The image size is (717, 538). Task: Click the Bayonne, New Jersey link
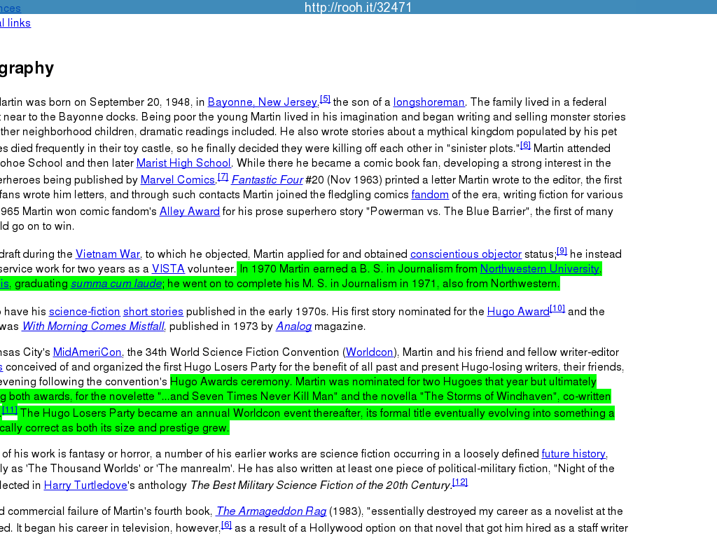[x=263, y=102]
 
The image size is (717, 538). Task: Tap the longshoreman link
[x=429, y=102]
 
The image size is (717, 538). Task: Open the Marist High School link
[x=183, y=163]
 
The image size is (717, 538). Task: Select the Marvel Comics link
[x=177, y=180]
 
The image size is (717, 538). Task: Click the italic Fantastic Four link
[x=267, y=180]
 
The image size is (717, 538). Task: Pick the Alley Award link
[x=190, y=212]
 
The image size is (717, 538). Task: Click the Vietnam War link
[x=108, y=254]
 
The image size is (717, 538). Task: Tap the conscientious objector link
[x=466, y=254]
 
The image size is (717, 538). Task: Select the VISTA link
[x=168, y=269]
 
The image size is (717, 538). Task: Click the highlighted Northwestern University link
[x=539, y=269]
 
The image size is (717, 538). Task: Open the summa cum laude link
[x=116, y=284]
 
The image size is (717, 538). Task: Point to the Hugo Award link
[x=518, y=312]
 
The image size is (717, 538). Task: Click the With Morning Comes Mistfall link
[x=92, y=326]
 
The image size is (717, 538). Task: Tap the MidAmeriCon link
[x=88, y=352]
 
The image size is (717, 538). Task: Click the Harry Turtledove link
[x=85, y=485]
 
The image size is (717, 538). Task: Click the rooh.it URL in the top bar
[x=358, y=8]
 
